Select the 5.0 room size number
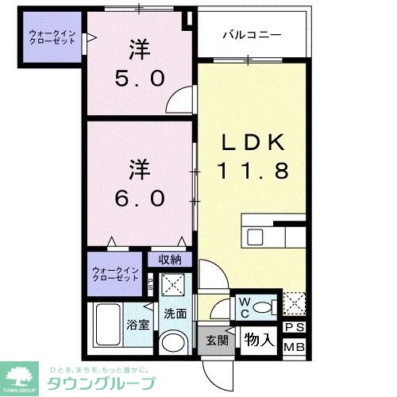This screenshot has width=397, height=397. tap(139, 78)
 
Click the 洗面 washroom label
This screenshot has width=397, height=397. tap(175, 313)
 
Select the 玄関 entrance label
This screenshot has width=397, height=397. tap(217, 341)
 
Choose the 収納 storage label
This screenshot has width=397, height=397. tap(169, 259)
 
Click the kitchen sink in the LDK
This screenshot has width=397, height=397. tap(256, 237)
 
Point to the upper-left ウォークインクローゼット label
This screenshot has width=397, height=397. tap(52, 37)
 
